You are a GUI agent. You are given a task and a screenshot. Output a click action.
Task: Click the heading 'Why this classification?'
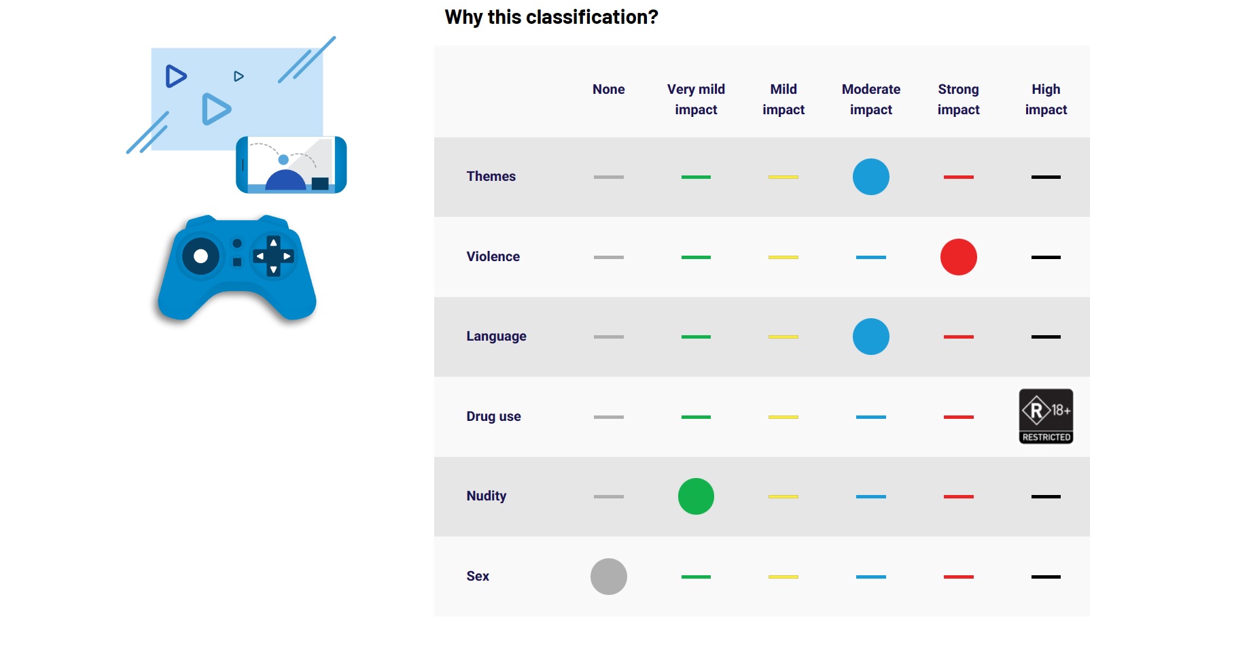pyautogui.click(x=551, y=17)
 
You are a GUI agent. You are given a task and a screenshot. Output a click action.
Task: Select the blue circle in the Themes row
pyautogui.click(x=870, y=177)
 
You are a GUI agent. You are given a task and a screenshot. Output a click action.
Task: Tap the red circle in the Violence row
pyautogui.click(x=958, y=257)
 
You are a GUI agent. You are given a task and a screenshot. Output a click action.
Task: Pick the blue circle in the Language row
pyautogui.click(x=870, y=337)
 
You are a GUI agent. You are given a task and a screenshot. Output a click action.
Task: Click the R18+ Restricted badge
pyautogui.click(x=1046, y=416)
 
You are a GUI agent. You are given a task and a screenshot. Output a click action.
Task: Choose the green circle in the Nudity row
pyautogui.click(x=696, y=496)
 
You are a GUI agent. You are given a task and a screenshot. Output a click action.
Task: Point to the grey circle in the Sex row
pyautogui.click(x=608, y=577)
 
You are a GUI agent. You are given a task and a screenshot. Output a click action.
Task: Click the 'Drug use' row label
pyautogui.click(x=493, y=416)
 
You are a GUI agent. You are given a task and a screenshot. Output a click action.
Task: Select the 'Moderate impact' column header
pyautogui.click(x=870, y=99)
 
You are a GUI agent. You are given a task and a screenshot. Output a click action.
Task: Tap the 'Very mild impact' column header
pyautogui.click(x=696, y=99)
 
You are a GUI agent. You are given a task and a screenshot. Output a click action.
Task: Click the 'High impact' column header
pyautogui.click(x=1046, y=99)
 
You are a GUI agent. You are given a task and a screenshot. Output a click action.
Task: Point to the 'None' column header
pyautogui.click(x=608, y=89)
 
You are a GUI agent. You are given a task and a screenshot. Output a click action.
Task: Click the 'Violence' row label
pyautogui.click(x=493, y=256)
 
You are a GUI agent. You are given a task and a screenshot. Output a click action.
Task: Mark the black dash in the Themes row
pyautogui.click(x=1046, y=177)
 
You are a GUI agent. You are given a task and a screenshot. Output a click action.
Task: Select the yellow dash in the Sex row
pyautogui.click(x=783, y=577)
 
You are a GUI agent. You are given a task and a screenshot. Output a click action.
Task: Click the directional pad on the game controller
pyautogui.click(x=273, y=256)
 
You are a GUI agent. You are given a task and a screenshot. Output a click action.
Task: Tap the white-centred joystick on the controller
pyautogui.click(x=200, y=256)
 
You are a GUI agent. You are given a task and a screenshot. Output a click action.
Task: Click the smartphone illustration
pyautogui.click(x=291, y=165)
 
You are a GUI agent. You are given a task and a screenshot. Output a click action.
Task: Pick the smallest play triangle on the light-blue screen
pyautogui.click(x=239, y=76)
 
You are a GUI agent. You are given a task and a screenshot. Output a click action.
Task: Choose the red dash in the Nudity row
pyautogui.click(x=958, y=496)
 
